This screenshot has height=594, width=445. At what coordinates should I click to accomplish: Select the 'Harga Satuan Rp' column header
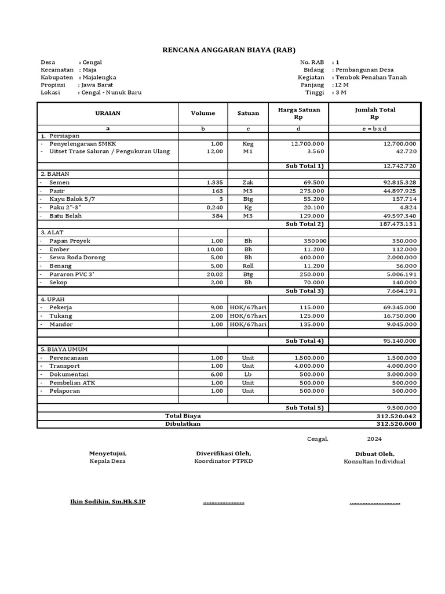tap(299, 113)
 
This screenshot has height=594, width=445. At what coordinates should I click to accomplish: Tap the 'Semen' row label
tap(60, 182)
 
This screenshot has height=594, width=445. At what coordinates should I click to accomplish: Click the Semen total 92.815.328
tap(396, 182)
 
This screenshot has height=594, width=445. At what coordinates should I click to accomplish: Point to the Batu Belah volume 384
tap(217, 216)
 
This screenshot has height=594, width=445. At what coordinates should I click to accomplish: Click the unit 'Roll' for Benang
tap(248, 266)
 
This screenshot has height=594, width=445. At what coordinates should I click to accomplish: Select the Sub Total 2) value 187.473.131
tap(396, 224)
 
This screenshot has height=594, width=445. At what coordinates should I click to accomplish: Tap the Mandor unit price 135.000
tap(312, 324)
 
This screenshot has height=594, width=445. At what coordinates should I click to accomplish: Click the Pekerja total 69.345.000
tap(396, 307)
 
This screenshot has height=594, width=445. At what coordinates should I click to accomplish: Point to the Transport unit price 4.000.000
tap(309, 366)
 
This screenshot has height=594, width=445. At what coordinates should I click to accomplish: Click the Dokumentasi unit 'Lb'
tap(248, 375)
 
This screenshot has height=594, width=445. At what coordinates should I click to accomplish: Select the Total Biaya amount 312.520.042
tap(396, 416)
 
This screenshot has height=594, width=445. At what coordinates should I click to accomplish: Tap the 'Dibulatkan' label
tap(183, 424)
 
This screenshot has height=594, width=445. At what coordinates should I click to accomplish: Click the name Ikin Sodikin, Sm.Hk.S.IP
tap(108, 502)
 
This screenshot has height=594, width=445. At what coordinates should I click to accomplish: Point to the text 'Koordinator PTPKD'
tap(224, 461)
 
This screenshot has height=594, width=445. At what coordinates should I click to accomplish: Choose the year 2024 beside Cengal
tap(374, 439)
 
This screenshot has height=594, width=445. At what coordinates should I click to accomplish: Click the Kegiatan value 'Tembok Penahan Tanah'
tap(371, 77)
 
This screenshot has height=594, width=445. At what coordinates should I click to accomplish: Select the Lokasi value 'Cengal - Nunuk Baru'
tap(111, 92)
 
